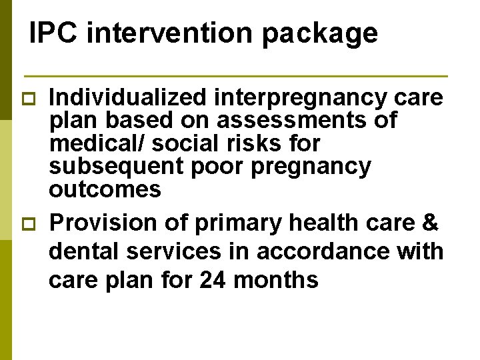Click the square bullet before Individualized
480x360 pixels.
27,98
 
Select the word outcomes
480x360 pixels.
105,189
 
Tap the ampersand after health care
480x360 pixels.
429,222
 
